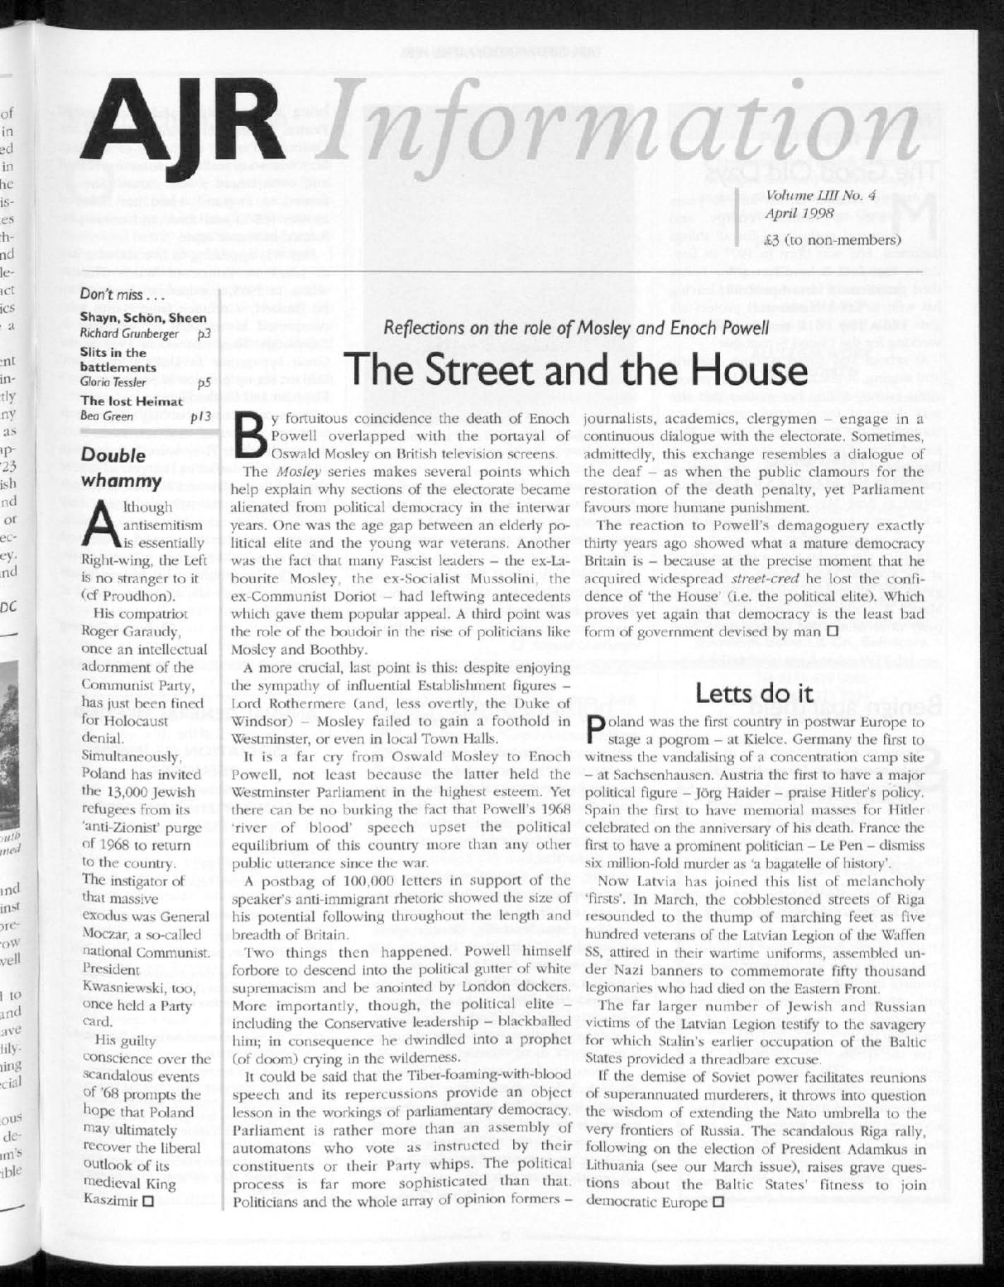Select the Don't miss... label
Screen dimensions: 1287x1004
(114, 295)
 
